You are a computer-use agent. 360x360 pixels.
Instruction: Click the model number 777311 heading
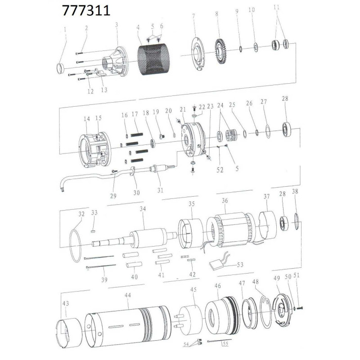pos(86,11)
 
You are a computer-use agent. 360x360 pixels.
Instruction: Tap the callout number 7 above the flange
pos(193,16)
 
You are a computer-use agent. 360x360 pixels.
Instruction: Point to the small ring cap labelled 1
pos(60,68)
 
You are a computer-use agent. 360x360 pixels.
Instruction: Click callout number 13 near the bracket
pos(104,90)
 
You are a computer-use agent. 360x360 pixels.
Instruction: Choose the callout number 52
pos(220,170)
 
